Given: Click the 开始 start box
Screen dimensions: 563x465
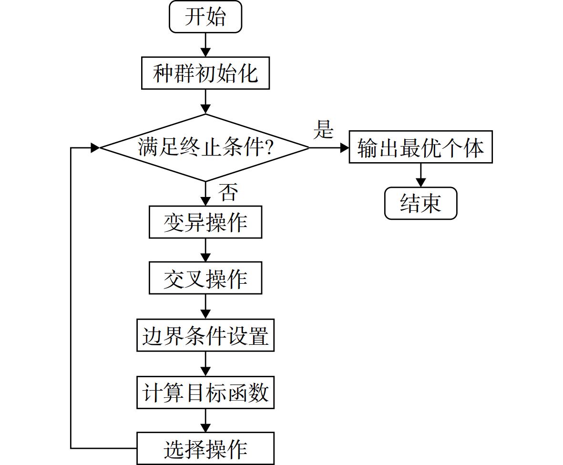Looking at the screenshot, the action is (205, 17).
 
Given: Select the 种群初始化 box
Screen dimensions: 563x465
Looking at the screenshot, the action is (205, 73).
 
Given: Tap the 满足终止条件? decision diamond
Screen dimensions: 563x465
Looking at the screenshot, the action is (205, 148).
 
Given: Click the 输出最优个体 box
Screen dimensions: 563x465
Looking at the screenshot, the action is (421, 147).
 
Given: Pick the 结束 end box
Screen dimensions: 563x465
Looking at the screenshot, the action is (421, 203).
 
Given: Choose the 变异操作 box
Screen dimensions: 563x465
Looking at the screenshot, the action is (205, 222).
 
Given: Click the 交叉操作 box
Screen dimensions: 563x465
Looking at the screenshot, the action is (205, 278).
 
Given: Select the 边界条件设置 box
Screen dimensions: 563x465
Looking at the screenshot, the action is (205, 335).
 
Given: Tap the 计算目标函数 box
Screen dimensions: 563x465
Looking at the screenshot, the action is (205, 393).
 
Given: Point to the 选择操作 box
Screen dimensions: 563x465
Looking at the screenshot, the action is (205, 448).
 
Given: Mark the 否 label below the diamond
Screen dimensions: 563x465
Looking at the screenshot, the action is (228, 192).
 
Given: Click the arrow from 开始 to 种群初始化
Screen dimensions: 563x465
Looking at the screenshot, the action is (205, 45).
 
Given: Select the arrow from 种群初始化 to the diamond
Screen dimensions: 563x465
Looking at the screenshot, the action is (205, 102).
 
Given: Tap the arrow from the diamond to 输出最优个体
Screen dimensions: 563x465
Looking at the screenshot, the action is (329, 148).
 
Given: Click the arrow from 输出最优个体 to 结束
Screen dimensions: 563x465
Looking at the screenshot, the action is (420, 175).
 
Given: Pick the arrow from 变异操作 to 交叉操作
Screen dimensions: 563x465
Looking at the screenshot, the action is (205, 250).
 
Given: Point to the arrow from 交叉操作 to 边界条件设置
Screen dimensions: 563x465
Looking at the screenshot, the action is (205, 307).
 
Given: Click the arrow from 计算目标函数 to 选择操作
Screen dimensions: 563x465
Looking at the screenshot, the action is (205, 421).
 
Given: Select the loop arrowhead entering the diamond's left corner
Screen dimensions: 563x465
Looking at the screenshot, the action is (95, 148).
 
